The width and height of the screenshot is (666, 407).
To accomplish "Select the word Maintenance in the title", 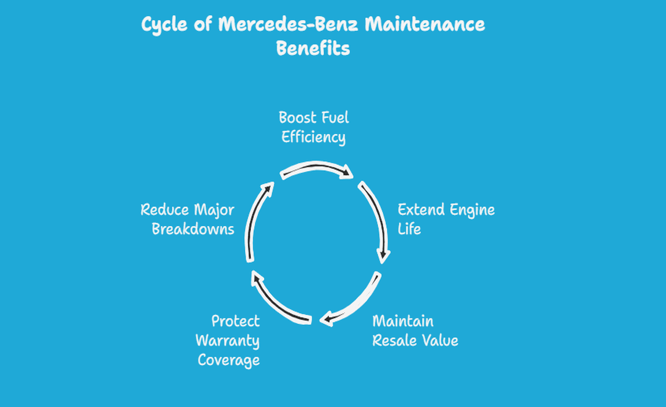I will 424,25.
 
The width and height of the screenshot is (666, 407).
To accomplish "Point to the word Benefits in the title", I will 313,49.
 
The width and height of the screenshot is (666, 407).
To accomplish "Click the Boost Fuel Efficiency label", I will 313,127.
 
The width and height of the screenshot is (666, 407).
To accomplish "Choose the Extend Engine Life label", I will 446,219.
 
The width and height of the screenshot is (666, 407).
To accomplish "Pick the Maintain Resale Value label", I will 415,331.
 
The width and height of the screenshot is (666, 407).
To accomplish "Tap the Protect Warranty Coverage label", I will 228,341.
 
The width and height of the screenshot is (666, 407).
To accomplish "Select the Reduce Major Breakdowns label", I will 187,219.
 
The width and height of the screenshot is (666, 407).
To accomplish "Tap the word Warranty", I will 228,341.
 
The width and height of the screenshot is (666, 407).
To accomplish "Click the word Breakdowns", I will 193,229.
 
